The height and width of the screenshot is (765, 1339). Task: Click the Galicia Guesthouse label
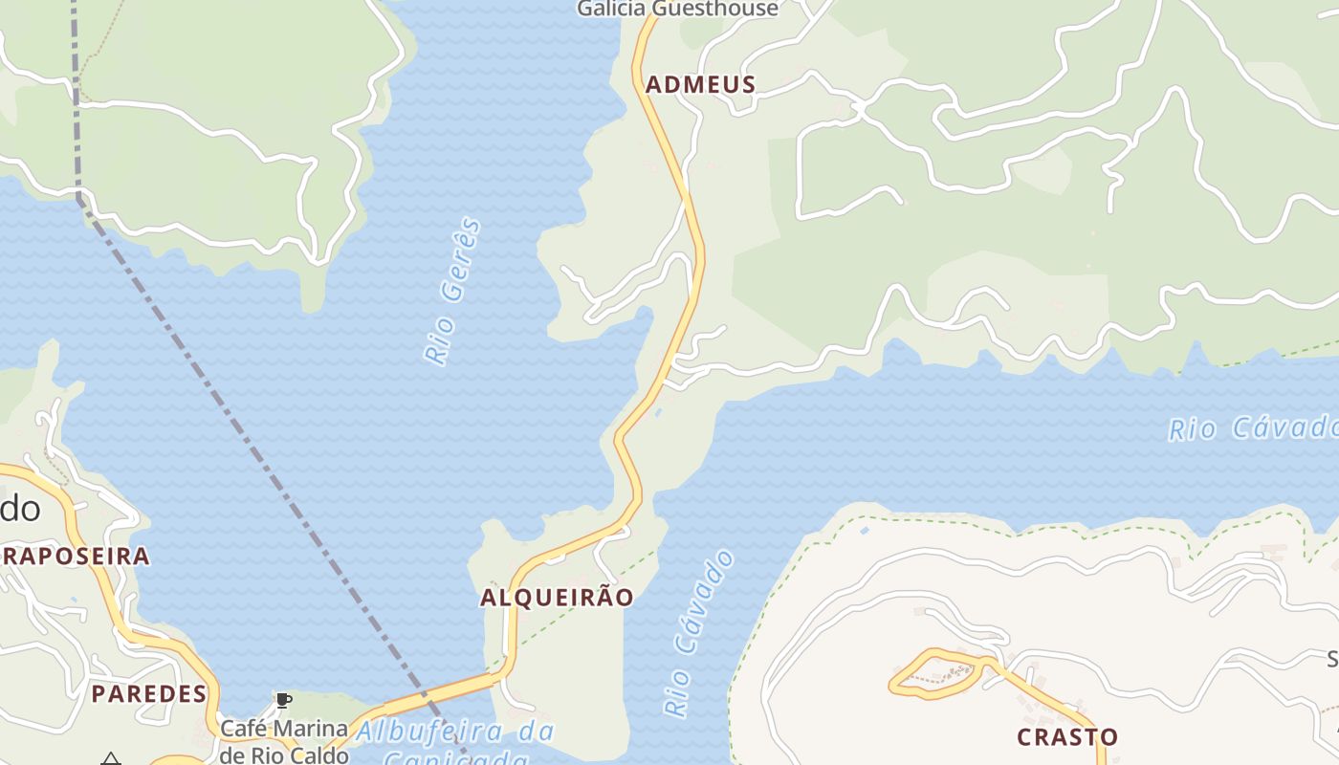(677, 10)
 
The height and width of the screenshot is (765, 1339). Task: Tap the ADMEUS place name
(701, 84)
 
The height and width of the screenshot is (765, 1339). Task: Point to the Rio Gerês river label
(452, 292)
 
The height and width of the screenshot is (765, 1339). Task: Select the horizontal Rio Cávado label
(1253, 427)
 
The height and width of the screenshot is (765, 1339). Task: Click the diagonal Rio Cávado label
(700, 633)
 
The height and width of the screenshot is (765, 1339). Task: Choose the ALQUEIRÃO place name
(557, 598)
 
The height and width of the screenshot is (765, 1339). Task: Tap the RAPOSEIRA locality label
(77, 556)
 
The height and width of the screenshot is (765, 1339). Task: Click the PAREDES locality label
(149, 693)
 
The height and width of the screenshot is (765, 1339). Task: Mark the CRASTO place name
(1067, 737)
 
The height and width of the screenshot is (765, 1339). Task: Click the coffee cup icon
(283, 701)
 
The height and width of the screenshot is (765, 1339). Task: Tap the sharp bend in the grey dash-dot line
(78, 196)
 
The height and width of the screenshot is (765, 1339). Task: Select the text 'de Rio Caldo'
(284, 754)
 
